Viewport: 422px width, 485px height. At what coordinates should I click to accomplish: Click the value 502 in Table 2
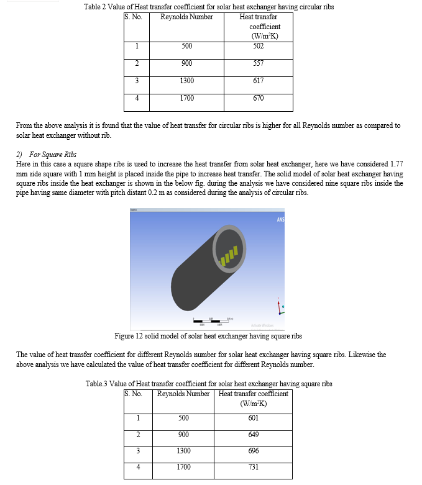(259, 45)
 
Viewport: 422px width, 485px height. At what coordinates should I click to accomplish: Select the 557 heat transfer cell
(259, 63)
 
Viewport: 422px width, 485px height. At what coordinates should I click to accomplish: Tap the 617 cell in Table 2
(259, 81)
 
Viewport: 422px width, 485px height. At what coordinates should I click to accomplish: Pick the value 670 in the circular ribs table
(259, 98)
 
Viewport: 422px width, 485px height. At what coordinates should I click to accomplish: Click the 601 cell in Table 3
(253, 418)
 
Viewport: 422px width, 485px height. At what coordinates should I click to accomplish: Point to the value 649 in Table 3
(253, 434)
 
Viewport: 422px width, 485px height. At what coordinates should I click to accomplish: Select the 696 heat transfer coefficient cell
(253, 450)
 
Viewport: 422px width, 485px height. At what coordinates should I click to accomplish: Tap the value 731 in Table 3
(253, 466)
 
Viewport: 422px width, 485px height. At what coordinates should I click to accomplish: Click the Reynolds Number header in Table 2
(186, 17)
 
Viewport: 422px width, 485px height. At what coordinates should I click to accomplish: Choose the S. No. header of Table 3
(134, 394)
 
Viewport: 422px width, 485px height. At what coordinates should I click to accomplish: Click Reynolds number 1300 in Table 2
(186, 81)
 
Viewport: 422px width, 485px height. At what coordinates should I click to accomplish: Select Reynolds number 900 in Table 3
(183, 434)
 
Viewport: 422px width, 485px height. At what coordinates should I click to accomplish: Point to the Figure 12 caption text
(208, 336)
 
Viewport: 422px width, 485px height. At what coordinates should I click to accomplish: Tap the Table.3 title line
(209, 384)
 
